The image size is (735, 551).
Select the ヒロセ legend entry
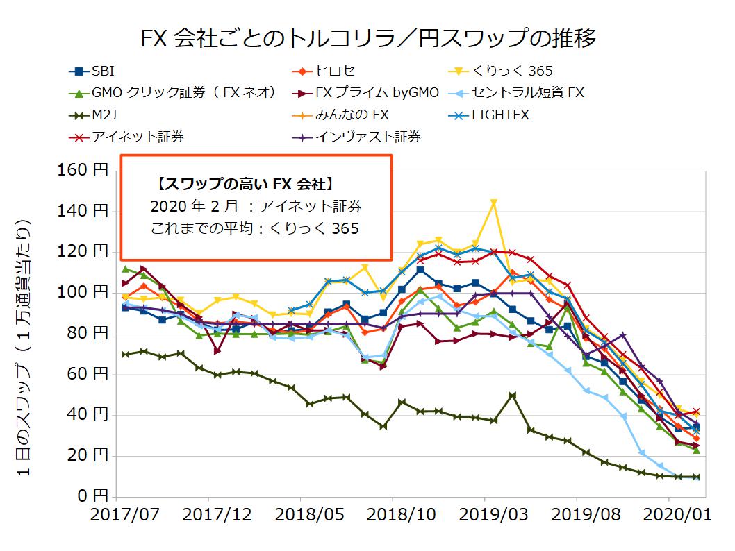click(x=336, y=71)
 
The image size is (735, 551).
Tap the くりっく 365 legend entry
click(x=511, y=71)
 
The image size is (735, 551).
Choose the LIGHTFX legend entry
click(x=499, y=115)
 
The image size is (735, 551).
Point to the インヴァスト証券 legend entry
click(x=368, y=137)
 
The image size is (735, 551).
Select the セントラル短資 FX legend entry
click(x=529, y=92)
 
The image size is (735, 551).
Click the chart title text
click(x=367, y=38)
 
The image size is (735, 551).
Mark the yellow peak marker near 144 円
click(x=494, y=203)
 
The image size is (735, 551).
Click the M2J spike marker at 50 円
click(x=512, y=396)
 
